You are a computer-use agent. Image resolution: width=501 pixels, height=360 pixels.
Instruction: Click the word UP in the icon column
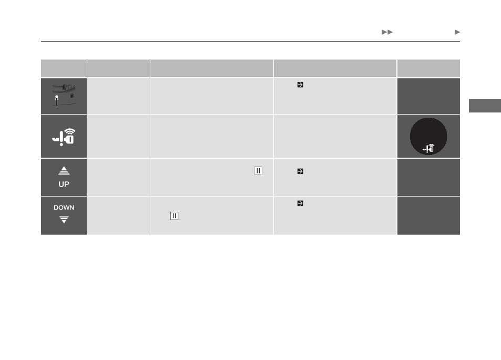(64, 184)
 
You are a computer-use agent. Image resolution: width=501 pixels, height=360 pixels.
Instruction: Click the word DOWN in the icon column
(64, 208)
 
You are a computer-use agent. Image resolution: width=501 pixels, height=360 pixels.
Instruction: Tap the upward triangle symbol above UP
(64, 171)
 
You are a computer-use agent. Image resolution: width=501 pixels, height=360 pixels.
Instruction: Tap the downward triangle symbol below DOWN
(64, 220)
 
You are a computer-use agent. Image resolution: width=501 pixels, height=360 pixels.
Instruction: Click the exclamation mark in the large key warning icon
(62, 139)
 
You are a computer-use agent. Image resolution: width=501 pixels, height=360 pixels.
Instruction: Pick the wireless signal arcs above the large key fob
(69, 131)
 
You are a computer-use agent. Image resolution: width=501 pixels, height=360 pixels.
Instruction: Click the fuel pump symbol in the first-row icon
(72, 96)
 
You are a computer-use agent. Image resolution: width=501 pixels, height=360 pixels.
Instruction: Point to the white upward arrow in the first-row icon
(57, 100)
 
